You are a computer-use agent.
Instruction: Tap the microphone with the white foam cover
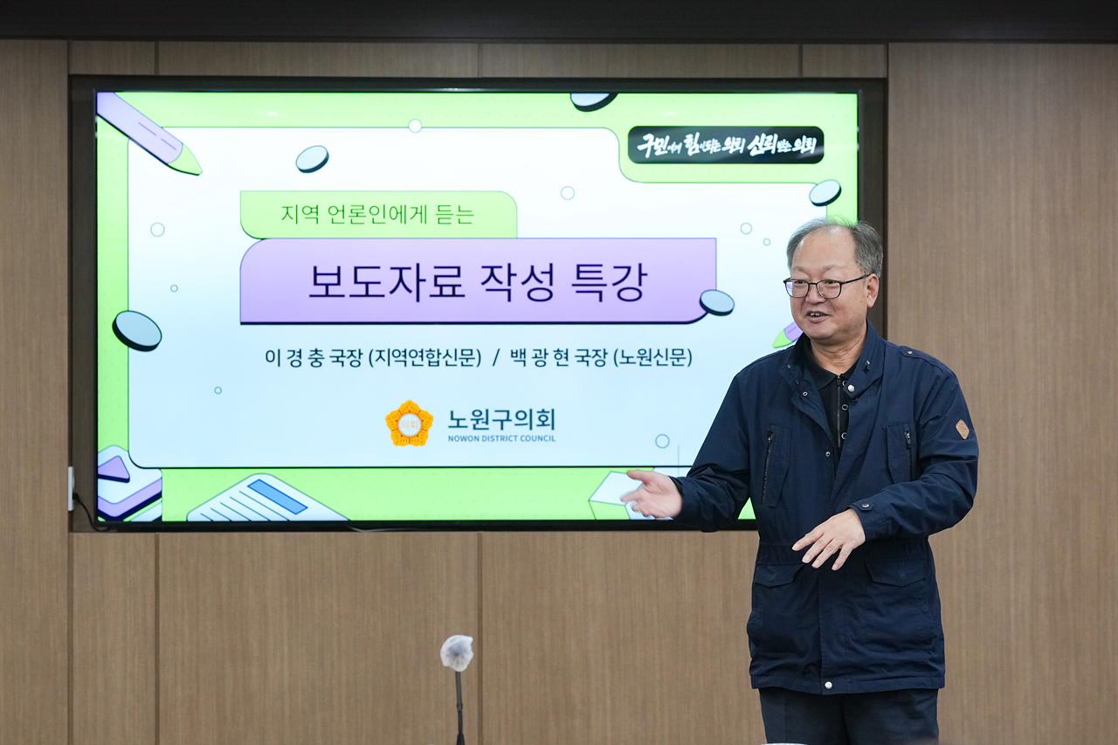[456, 652]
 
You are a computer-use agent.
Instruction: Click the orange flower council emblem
[409, 424]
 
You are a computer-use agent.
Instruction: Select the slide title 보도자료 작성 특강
[477, 281]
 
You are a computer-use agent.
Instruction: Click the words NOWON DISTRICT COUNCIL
[501, 438]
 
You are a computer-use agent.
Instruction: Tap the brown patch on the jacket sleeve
[962, 429]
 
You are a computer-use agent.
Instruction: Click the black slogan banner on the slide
[725, 145]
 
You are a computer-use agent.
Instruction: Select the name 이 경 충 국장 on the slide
[314, 357]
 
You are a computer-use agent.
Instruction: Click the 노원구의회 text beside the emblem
[500, 419]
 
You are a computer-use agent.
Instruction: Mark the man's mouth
[817, 315]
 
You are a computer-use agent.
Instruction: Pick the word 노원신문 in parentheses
[652, 357]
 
